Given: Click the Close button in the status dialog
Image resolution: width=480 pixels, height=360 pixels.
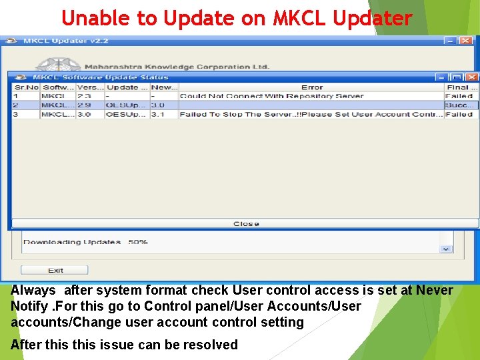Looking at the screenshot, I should pyautogui.click(x=245, y=224).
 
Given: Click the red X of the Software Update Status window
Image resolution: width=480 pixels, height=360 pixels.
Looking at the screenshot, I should pyautogui.click(x=472, y=77).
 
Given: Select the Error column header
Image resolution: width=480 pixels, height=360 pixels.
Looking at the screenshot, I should pyautogui.click(x=311, y=87).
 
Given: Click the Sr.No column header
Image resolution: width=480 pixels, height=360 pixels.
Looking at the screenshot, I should pyautogui.click(x=26, y=87).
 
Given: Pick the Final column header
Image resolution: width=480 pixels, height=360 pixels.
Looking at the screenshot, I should pyautogui.click(x=461, y=87).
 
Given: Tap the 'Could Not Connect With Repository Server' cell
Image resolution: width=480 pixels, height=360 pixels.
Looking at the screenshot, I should pyautogui.click(x=272, y=96).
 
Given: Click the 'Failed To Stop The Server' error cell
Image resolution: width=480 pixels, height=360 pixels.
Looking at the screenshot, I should pyautogui.click(x=311, y=115).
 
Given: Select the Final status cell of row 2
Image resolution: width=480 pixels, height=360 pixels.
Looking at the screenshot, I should pyautogui.click(x=461, y=105).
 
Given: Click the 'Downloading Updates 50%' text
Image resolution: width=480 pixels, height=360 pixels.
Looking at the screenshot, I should pyautogui.click(x=85, y=242).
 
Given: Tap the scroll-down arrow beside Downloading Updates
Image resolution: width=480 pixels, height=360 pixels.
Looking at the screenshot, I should pyautogui.click(x=445, y=249).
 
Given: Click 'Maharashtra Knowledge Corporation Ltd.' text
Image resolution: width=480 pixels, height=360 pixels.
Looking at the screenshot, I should pyautogui.click(x=177, y=67).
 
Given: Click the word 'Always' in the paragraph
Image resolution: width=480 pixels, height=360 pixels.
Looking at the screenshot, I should pyautogui.click(x=33, y=291).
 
